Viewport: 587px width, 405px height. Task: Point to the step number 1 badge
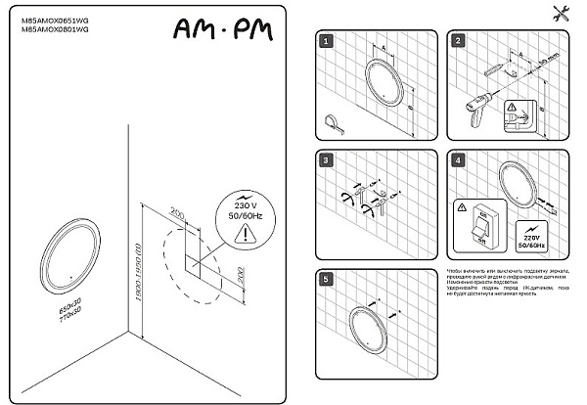coord(326,42)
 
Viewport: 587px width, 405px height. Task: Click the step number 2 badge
coord(456,42)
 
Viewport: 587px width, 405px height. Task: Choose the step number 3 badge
coord(326,160)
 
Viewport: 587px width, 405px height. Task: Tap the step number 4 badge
coord(456,160)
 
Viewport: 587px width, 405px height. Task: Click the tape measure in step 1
coord(332,121)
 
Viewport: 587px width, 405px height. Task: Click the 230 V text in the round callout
coord(250,203)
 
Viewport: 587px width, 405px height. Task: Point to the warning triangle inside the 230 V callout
coord(250,232)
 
